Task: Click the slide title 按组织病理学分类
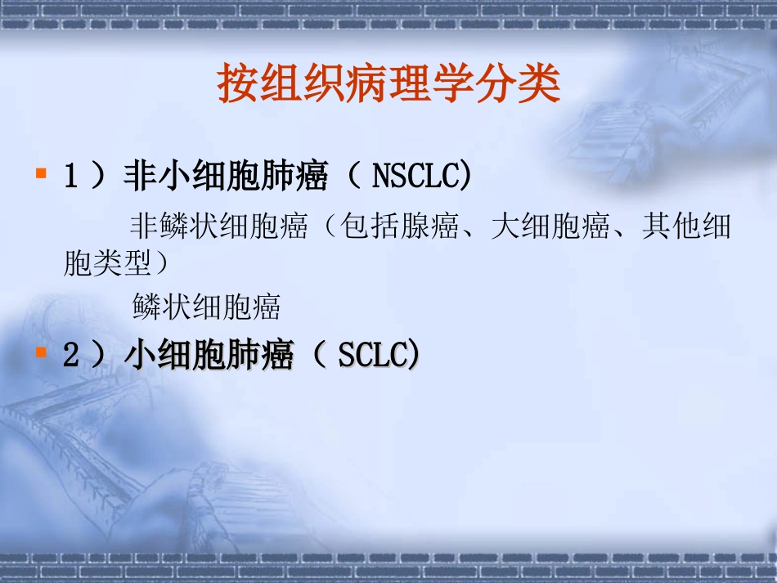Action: pyautogui.click(x=388, y=83)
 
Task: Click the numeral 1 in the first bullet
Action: pyautogui.click(x=70, y=176)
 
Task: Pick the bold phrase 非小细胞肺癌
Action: pyautogui.click(x=226, y=176)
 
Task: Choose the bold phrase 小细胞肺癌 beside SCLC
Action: pyautogui.click(x=209, y=355)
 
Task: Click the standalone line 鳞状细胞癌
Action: pyautogui.click(x=206, y=307)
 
